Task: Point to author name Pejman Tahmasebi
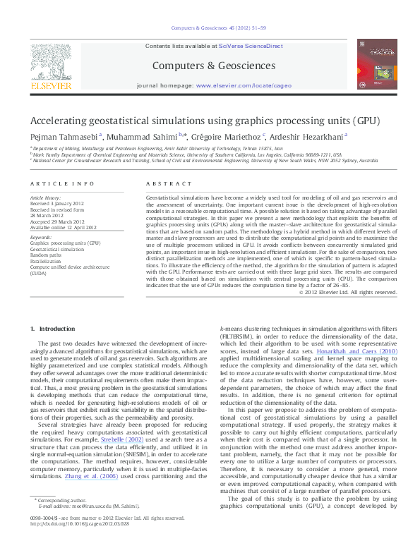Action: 64,136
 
